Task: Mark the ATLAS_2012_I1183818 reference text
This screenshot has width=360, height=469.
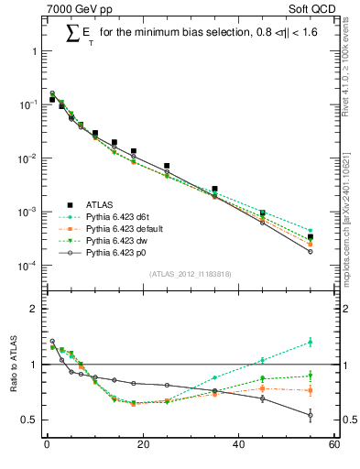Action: pyautogui.click(x=191, y=275)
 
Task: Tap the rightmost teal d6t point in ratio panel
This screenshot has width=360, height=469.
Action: pyautogui.click(x=311, y=342)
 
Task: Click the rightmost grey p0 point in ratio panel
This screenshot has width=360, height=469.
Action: pyautogui.click(x=311, y=415)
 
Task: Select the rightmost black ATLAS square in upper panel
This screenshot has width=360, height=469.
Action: pyautogui.click(x=311, y=237)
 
